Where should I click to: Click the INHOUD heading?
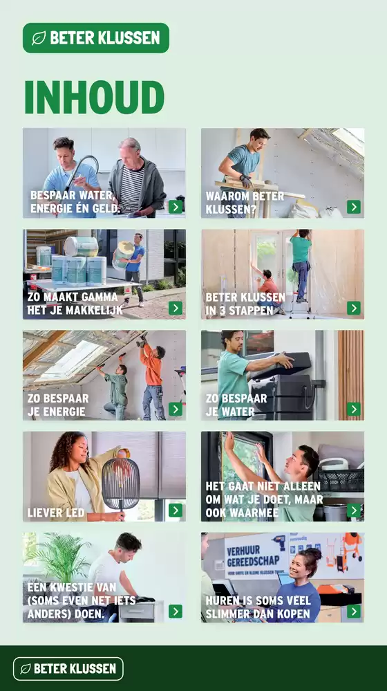click(94, 97)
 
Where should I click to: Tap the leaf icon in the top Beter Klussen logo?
click(39, 38)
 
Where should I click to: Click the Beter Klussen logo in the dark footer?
click(68, 669)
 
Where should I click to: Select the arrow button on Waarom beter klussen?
click(354, 207)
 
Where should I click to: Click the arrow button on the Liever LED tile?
click(176, 510)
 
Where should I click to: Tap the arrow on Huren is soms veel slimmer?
click(354, 611)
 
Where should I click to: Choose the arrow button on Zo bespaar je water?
click(354, 409)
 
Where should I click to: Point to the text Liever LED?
click(56, 513)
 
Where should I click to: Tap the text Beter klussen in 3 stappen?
click(245, 304)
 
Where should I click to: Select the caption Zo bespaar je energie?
click(58, 405)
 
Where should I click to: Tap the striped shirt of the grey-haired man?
click(132, 189)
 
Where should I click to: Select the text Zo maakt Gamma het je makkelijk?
click(75, 304)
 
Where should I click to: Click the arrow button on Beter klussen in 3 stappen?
click(354, 308)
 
